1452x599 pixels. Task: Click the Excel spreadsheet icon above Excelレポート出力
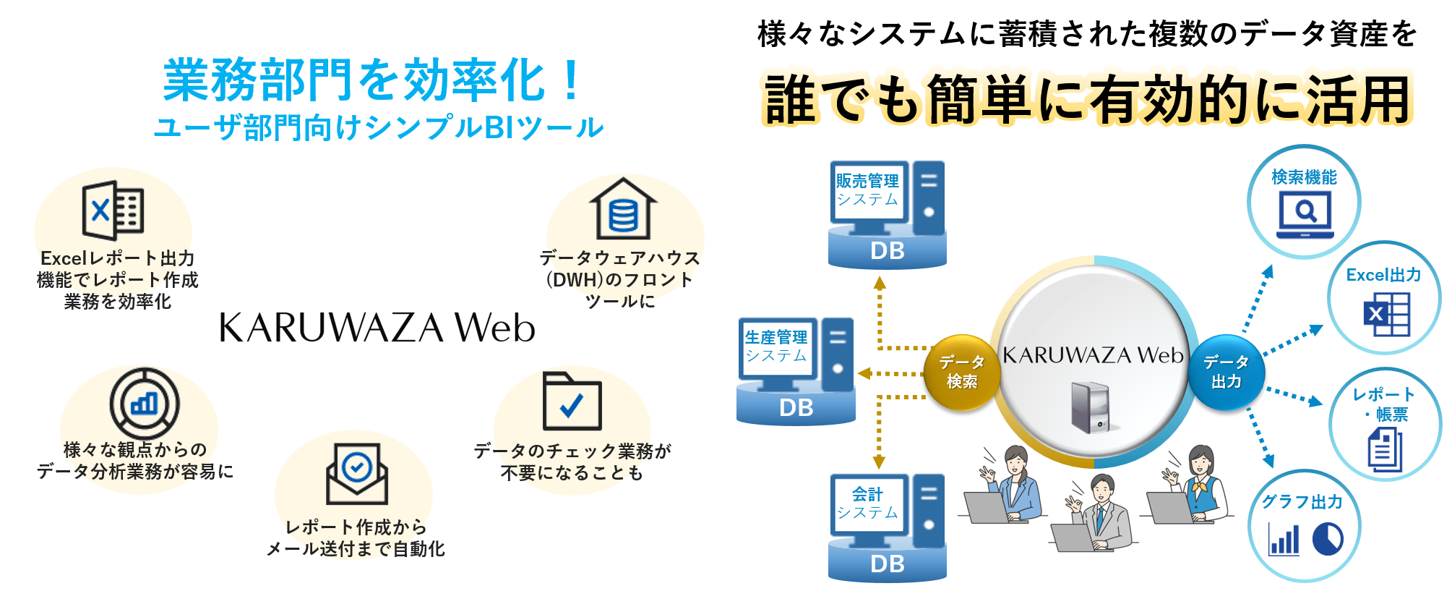[x=113, y=211]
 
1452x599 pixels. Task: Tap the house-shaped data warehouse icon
[x=623, y=210]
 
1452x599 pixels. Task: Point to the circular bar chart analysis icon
[x=145, y=403]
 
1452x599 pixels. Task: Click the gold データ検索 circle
[x=962, y=372]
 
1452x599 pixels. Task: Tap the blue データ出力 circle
[x=1226, y=372]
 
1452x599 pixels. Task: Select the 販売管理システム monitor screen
[x=867, y=190]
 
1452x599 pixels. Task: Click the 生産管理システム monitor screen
[x=776, y=347]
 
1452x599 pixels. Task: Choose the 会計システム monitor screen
[x=867, y=504]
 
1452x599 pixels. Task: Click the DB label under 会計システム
[x=888, y=564]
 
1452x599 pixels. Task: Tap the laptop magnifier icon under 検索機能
[x=1305, y=215]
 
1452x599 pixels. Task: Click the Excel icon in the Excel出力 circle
[x=1386, y=315]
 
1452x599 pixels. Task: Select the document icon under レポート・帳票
[x=1385, y=449]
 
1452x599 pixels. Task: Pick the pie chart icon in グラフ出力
[x=1327, y=539]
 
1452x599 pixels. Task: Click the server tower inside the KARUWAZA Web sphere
[x=1090, y=407]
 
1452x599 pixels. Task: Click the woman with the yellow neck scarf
[x=1200, y=481]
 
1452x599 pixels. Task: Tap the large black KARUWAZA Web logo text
[x=377, y=328]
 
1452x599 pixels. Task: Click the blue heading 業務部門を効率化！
[x=372, y=80]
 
